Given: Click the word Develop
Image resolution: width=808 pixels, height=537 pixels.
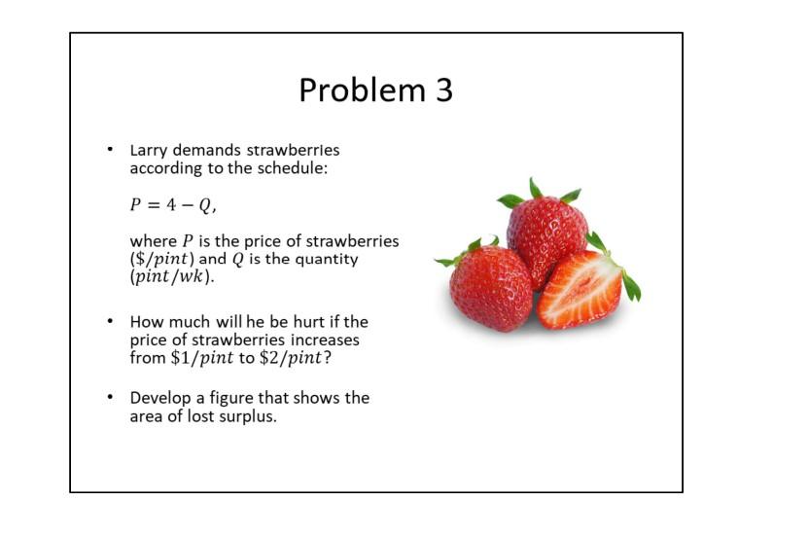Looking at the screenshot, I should click(x=158, y=399).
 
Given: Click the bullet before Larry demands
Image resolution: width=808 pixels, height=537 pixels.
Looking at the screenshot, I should click(x=111, y=151).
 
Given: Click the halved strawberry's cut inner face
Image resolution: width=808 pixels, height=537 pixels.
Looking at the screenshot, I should click(x=580, y=290).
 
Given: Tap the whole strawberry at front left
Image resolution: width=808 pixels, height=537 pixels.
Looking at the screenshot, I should click(x=491, y=287).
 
